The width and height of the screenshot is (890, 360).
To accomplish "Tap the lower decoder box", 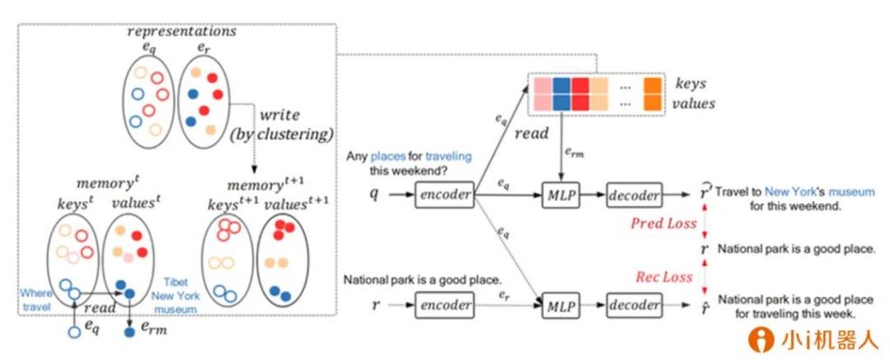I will click(x=634, y=306).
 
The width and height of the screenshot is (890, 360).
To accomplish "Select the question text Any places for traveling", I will click(x=409, y=157).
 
